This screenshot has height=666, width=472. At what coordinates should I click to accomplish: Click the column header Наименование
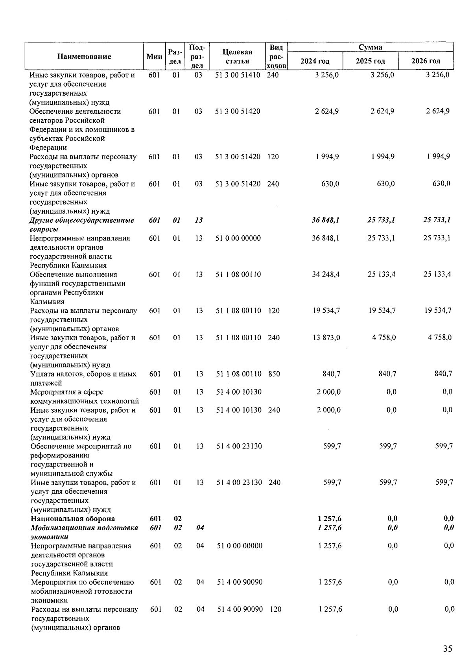(84, 56)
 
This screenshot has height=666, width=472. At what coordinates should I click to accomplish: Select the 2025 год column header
(370, 61)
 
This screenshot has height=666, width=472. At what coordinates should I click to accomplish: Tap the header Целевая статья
(237, 56)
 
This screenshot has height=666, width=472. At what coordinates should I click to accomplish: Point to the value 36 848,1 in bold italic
(326, 220)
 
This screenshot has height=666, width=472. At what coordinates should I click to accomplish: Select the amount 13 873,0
(326, 338)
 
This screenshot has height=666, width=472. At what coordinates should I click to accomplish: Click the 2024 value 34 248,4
(326, 275)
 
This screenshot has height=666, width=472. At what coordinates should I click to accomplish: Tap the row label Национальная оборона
(73, 519)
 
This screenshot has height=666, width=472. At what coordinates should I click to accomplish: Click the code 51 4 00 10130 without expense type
(239, 392)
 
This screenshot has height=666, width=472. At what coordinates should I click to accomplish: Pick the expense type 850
(274, 374)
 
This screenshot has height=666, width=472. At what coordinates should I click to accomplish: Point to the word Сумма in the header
(370, 47)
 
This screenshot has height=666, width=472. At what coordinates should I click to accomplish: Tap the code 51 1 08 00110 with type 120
(238, 311)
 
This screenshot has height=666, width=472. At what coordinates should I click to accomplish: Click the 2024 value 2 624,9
(327, 111)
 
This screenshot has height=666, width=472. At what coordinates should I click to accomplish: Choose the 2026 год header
(426, 61)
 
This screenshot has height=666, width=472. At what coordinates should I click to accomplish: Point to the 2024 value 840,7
(331, 374)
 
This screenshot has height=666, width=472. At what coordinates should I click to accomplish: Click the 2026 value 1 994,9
(438, 157)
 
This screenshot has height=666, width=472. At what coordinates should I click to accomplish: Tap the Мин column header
(154, 56)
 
